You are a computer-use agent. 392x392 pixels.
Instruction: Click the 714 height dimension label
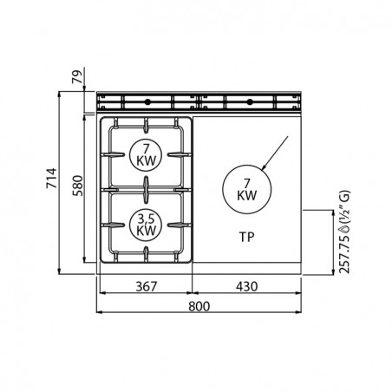(x=51, y=178)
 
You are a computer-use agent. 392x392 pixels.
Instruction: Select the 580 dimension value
(x=77, y=186)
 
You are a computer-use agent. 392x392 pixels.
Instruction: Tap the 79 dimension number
(x=77, y=76)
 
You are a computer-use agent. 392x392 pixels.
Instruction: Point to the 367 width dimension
(x=147, y=286)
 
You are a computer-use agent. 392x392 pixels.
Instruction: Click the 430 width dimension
(x=246, y=286)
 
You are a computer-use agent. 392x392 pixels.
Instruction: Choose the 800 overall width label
(x=199, y=306)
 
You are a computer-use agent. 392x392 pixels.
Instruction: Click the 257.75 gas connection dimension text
(x=344, y=253)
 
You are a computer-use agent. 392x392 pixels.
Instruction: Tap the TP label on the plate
(x=246, y=237)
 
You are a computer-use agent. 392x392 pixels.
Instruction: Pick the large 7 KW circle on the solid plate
(x=247, y=189)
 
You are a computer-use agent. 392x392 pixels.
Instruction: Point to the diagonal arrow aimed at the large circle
(x=275, y=153)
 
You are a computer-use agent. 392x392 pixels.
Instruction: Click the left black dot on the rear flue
(x=147, y=101)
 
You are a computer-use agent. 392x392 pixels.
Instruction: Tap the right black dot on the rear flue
(x=250, y=101)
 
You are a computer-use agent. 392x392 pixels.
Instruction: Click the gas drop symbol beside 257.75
(x=345, y=230)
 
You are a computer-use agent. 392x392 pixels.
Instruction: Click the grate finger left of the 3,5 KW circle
(x=114, y=225)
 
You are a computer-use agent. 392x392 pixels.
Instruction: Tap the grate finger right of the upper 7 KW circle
(x=180, y=154)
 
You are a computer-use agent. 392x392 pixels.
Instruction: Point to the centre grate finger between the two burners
(x=147, y=190)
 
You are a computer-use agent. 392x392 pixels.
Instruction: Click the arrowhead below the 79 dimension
(x=83, y=89)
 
